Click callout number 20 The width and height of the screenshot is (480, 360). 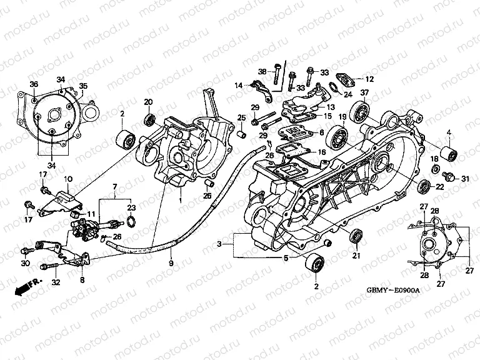[x=149, y=102]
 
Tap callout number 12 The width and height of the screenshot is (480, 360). [x=369, y=79]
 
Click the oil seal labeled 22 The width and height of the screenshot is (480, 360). [x=424, y=184]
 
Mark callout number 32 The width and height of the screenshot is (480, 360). [x=56, y=282]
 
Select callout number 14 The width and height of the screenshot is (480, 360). [x=239, y=86]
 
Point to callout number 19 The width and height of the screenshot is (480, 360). [x=342, y=117]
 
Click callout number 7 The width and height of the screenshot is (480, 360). [x=115, y=187]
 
